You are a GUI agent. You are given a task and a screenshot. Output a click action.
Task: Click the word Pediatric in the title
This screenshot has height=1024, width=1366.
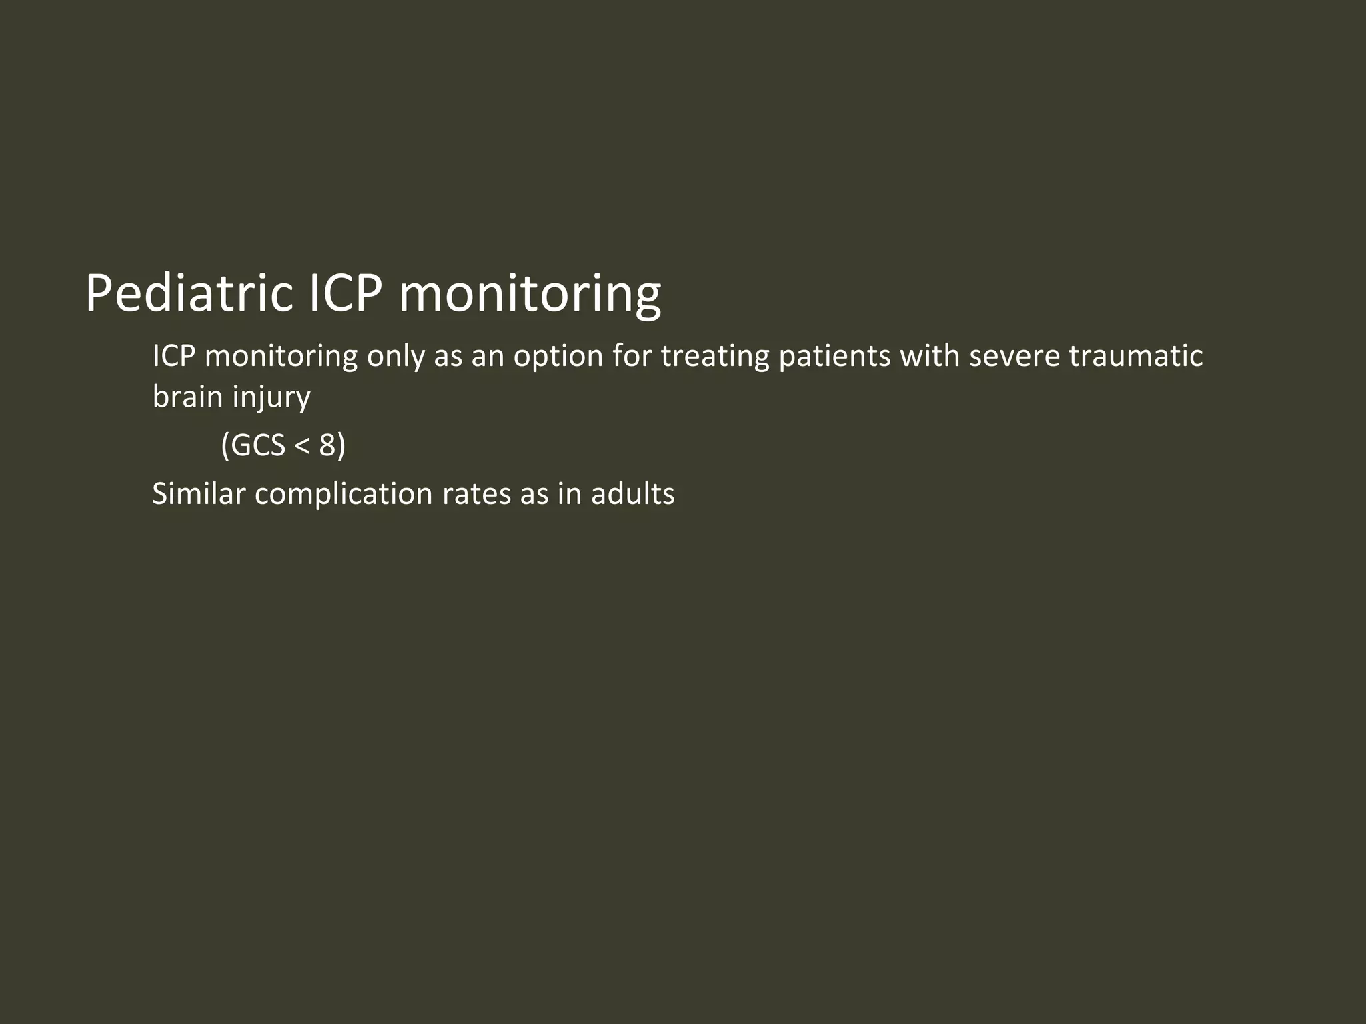point(189,293)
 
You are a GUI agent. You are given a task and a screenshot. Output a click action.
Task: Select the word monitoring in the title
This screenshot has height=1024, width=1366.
point(530,293)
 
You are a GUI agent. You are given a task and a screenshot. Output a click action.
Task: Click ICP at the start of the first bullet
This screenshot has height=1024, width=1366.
point(173,356)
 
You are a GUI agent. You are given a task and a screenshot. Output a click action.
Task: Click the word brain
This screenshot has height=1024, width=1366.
point(187,397)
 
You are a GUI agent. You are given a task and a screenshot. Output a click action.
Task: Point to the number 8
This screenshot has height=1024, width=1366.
point(327,445)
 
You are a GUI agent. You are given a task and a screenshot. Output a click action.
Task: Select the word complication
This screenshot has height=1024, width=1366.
point(344,494)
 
